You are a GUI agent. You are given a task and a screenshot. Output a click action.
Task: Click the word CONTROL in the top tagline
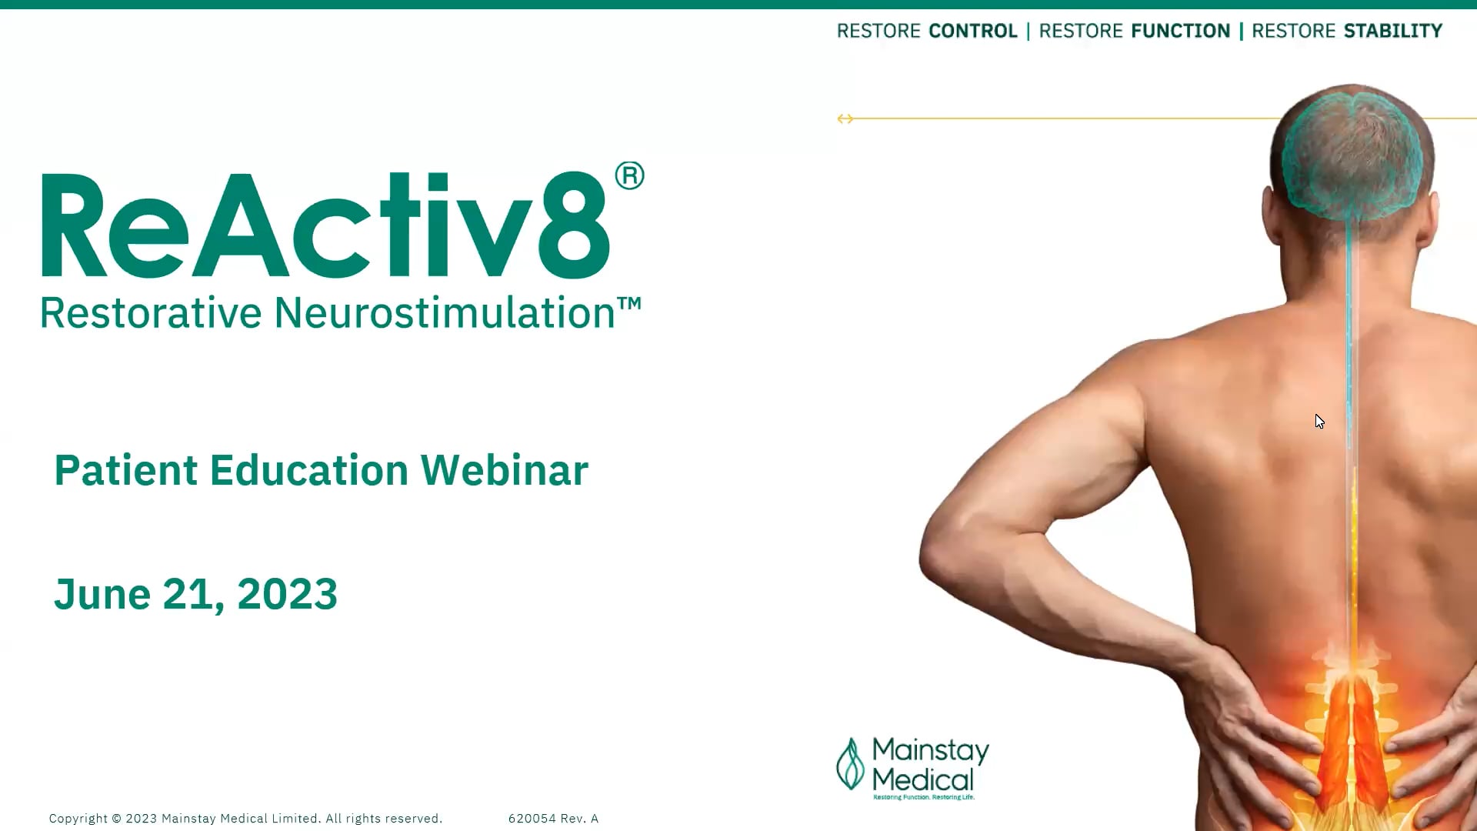coord(972,31)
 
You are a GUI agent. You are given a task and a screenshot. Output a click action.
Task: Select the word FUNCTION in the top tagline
coord(1180,31)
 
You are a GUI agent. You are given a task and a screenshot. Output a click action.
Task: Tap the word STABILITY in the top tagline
coord(1392,31)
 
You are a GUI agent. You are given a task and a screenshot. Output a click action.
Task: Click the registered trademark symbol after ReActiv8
coord(629,176)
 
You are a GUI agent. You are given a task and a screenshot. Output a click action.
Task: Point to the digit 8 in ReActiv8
coord(574,225)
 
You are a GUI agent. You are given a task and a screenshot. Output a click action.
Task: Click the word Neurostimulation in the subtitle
coord(444,313)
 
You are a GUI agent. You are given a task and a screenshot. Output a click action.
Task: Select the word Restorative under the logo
coord(151,313)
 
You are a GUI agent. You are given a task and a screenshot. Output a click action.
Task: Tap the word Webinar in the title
coord(504,470)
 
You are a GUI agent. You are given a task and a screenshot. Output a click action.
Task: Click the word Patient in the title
coord(126,470)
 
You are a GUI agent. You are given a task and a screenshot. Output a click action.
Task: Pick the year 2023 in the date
coord(287,594)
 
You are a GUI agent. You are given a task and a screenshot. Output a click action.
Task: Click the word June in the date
coord(102,594)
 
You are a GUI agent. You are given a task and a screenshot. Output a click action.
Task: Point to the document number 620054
coord(532,819)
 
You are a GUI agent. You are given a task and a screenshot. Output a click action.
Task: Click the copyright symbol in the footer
coord(116,819)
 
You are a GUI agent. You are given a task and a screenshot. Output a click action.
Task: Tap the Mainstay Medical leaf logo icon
coord(850,764)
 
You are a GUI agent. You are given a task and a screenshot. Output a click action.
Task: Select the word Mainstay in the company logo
coord(930,749)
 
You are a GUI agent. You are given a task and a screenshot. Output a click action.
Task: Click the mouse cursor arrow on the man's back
coord(1319,421)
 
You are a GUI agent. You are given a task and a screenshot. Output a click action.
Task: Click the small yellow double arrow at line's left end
coord(845,118)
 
